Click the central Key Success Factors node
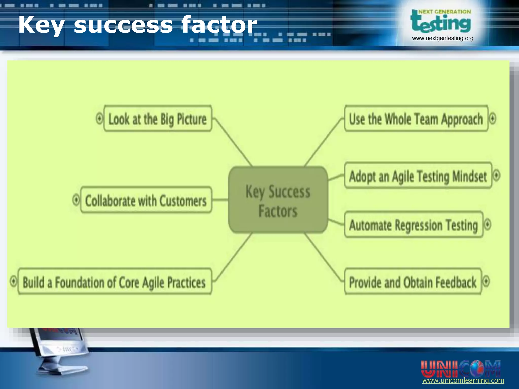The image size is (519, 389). click(278, 200)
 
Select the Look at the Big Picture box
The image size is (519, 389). click(158, 119)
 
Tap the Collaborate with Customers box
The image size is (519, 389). click(146, 200)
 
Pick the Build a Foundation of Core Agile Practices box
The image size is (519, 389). click(115, 282)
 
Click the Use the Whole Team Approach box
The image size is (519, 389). click(416, 119)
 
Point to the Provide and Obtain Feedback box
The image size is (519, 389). click(413, 282)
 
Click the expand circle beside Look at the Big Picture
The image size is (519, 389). click(99, 118)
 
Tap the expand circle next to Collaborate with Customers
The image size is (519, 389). click(76, 200)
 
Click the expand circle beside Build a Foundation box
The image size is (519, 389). click(13, 281)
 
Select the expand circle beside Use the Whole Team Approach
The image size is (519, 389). click(492, 118)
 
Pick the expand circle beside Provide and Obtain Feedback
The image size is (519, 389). click(486, 281)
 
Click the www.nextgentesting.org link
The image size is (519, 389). click(442, 38)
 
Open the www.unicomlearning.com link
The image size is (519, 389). click(463, 381)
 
